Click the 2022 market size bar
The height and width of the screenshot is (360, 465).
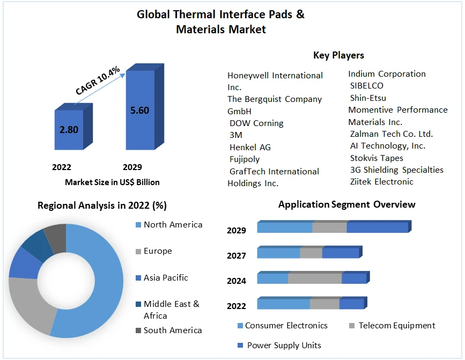tap(69, 130)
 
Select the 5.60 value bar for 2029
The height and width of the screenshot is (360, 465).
tap(139, 111)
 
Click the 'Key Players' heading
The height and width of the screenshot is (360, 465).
tap(338, 55)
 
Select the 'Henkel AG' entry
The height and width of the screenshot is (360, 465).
tap(250, 147)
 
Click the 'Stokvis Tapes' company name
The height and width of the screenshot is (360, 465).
tap(377, 158)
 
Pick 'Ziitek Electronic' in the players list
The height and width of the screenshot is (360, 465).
tap(381, 182)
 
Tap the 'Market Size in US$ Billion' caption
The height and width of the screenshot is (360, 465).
tap(112, 182)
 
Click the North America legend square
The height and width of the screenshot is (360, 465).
tap(138, 225)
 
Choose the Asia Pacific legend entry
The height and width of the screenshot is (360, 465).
tap(166, 278)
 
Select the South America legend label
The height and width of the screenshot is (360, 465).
tap(173, 330)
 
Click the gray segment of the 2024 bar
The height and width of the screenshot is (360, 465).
tap(315, 278)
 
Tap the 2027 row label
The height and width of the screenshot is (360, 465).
tap(237, 256)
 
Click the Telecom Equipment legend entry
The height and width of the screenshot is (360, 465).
tap(396, 326)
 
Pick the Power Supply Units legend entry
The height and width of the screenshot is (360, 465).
tap(284, 345)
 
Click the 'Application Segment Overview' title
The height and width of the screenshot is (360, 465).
tap(346, 204)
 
